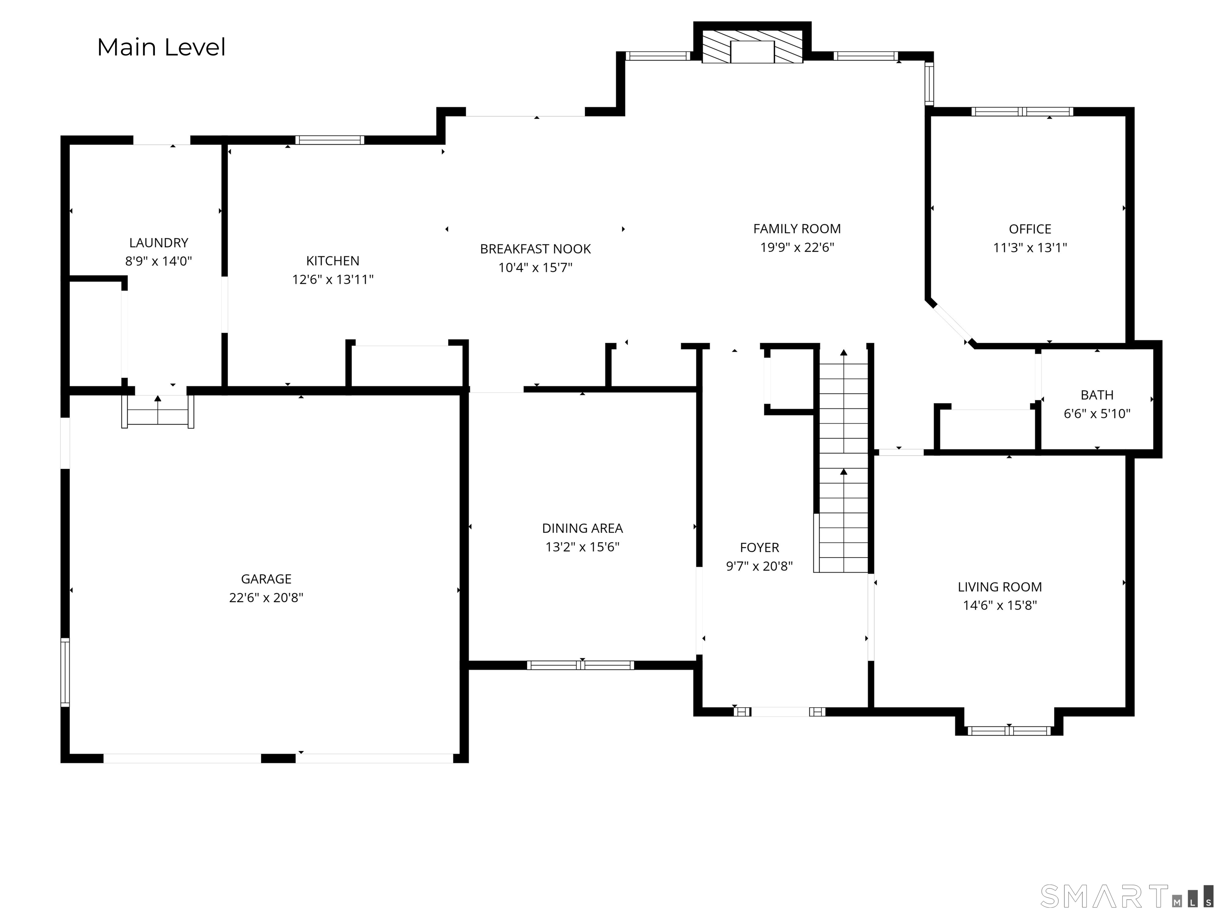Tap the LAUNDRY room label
pyautogui.click(x=159, y=243)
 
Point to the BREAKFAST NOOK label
pyautogui.click(x=535, y=249)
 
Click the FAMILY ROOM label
pyautogui.click(x=797, y=229)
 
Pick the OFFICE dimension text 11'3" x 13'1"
pyautogui.click(x=1030, y=248)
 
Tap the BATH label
pyautogui.click(x=1097, y=395)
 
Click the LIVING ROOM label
pyautogui.click(x=1000, y=587)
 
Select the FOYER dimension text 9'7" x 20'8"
pyautogui.click(x=759, y=566)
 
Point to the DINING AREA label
pyautogui.click(x=582, y=529)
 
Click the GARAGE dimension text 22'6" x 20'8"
pyautogui.click(x=266, y=597)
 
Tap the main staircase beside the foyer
pyautogui.click(x=843, y=460)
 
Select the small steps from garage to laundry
pyautogui.click(x=158, y=411)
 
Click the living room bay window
pyautogui.click(x=1009, y=731)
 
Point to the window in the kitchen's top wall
pyautogui.click(x=330, y=140)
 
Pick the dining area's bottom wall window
pyautogui.click(x=580, y=665)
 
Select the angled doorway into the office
pyautogui.click(x=951, y=323)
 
